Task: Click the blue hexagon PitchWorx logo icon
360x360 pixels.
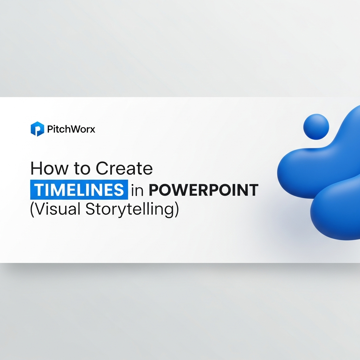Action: (x=37, y=129)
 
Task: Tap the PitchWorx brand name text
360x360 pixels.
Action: (x=71, y=129)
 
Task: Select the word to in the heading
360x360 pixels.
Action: (x=82, y=169)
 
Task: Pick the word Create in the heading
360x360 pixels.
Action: (x=124, y=169)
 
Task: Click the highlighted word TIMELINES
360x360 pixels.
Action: (x=79, y=190)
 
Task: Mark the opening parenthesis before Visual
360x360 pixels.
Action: (x=32, y=210)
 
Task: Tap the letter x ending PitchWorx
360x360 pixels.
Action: (x=92, y=130)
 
